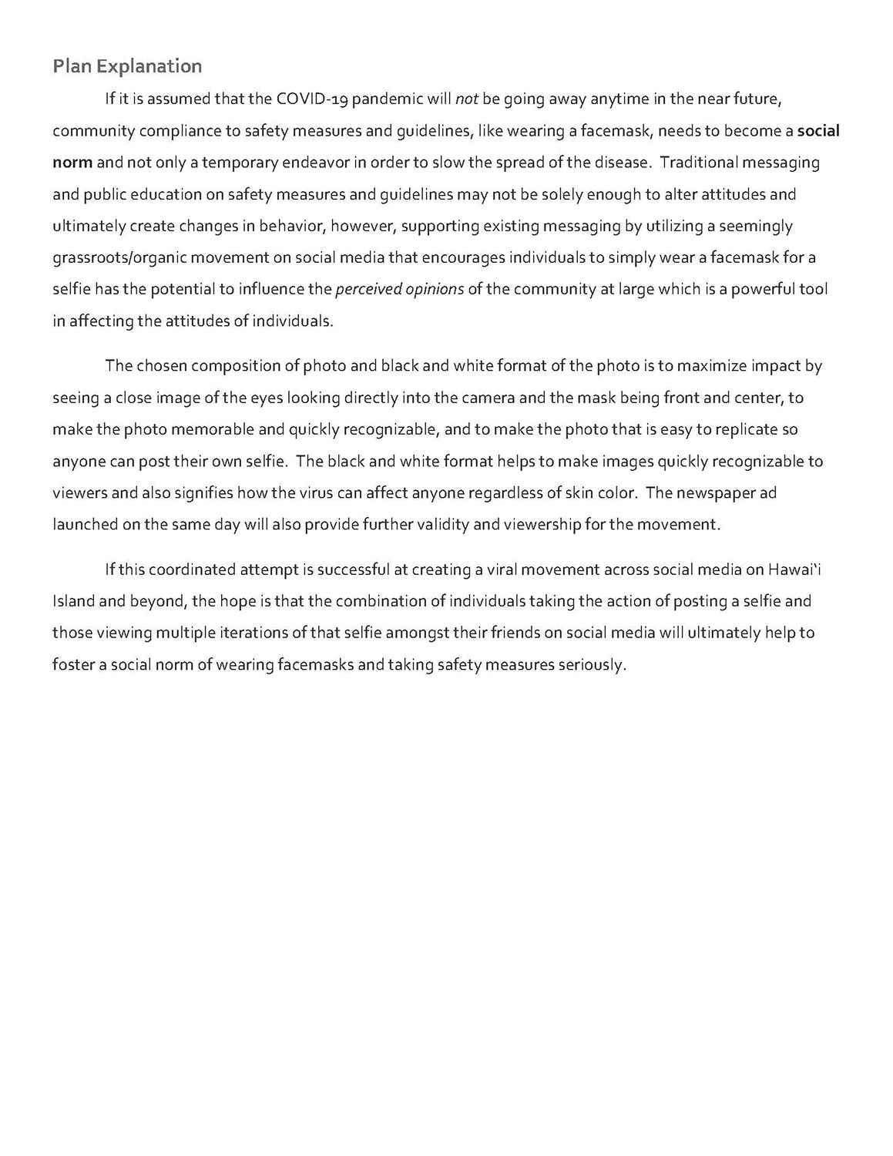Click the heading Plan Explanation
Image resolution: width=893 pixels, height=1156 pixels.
pos(127,66)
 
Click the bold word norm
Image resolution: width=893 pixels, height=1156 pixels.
pos(72,163)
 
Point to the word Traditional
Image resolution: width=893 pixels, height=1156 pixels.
pos(697,163)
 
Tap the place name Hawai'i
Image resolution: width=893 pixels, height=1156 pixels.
pos(789,570)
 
